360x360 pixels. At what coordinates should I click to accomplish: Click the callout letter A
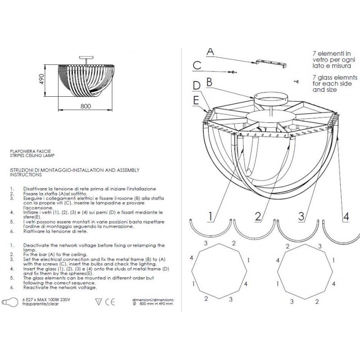point(210,51)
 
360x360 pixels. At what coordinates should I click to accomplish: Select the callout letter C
point(197,65)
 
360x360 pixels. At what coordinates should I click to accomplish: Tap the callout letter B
point(209,82)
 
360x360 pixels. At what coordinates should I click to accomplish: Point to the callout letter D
point(197,85)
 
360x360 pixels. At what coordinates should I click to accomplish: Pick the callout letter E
point(196,100)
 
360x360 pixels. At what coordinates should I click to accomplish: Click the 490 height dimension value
point(41,79)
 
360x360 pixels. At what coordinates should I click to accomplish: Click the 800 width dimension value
point(85,106)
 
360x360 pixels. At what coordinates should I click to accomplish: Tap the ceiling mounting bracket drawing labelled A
point(271,63)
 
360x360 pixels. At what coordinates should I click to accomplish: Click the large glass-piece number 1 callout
point(211,216)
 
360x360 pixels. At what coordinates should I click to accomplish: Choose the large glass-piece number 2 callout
point(258,216)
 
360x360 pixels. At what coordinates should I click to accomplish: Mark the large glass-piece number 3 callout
point(301,216)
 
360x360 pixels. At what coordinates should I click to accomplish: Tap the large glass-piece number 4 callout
point(346,216)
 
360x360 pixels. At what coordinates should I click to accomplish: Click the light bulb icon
point(10,302)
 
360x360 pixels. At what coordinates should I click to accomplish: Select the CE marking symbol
point(110,302)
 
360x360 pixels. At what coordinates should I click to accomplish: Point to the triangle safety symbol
point(98,301)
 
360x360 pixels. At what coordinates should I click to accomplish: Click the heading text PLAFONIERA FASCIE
point(30,151)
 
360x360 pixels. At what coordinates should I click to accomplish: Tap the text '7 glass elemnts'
point(335,77)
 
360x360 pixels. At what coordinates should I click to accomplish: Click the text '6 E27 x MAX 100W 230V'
point(46,300)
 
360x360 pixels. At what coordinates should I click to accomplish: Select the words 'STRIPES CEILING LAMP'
point(32,155)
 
